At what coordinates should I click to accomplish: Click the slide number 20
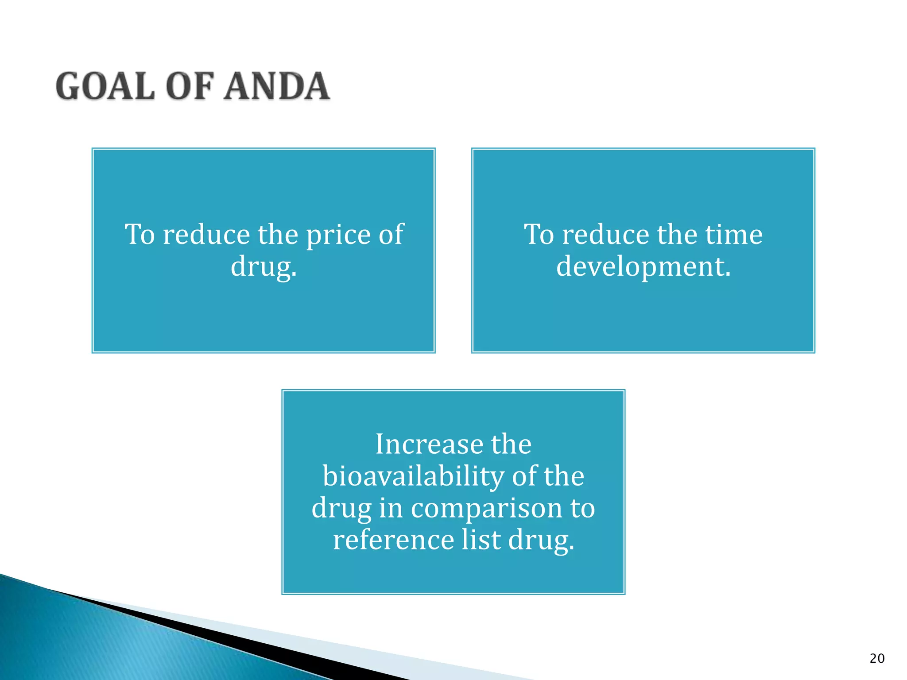click(877, 658)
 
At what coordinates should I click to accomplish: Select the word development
click(643, 267)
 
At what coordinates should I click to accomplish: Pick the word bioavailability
click(413, 476)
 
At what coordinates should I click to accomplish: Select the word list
click(481, 540)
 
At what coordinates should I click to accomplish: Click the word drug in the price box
click(263, 267)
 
